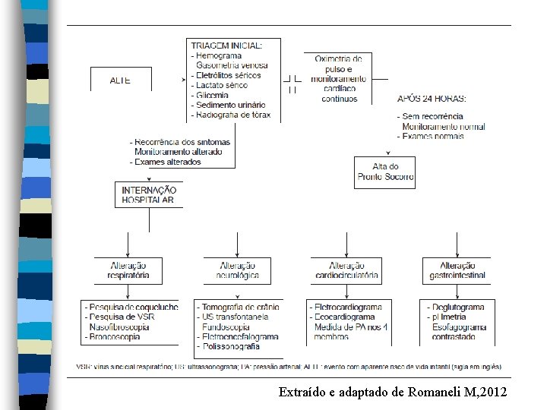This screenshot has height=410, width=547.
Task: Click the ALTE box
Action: pyautogui.click(x=120, y=80)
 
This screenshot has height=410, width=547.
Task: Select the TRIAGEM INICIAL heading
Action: pyautogui.click(x=226, y=46)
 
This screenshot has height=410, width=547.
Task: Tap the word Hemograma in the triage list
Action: pyautogui.click(x=218, y=55)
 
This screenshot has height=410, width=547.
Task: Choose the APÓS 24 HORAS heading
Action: pyautogui.click(x=432, y=98)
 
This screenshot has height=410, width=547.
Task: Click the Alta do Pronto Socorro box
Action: pyautogui.click(x=385, y=172)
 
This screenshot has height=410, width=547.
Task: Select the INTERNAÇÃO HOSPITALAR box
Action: pyautogui.click(x=149, y=195)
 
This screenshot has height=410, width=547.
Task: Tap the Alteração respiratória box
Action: pyautogui.click(x=128, y=271)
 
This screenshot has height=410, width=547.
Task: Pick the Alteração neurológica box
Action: pyautogui.click(x=238, y=271)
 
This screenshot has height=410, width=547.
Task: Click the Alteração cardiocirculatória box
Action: pyautogui.click(x=346, y=271)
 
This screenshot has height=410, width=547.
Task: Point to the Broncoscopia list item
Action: pyautogui.click(x=114, y=336)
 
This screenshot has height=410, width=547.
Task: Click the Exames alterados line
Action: pyautogui.click(x=167, y=162)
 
